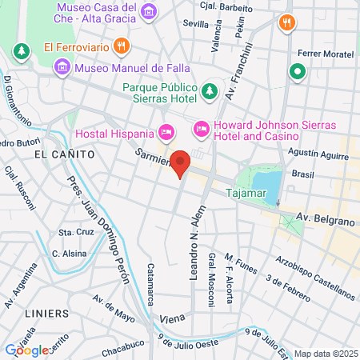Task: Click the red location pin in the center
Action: coord(181,163)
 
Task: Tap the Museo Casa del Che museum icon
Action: coord(148,10)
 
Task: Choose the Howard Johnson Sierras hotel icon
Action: coord(201,128)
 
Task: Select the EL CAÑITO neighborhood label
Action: coord(65,153)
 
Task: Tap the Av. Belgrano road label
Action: coord(325,217)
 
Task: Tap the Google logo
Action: coord(26,350)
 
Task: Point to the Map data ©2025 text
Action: coord(323,354)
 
